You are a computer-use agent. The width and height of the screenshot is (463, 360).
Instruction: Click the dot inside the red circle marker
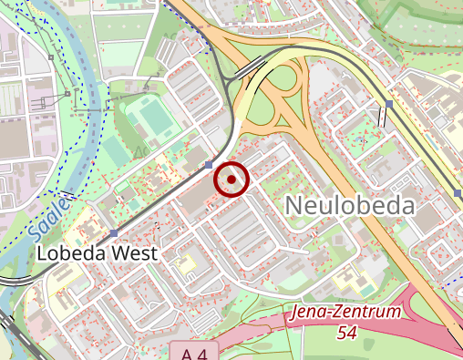coord(231,180)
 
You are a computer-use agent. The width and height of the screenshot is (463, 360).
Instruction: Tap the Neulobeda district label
coord(350,206)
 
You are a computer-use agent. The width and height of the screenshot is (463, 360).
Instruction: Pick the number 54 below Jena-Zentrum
coord(346,334)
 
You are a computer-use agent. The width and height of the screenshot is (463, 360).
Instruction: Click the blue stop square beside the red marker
coord(210,165)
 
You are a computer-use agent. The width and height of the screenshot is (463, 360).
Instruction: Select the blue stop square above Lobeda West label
coord(113,234)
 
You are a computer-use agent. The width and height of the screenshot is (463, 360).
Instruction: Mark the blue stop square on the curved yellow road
coord(389,105)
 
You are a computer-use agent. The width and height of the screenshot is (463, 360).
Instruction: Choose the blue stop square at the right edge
coord(458,193)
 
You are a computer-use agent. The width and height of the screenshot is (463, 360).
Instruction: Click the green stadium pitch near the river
coord(147,116)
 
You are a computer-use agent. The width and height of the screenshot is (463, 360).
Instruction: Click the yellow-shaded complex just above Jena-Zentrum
coord(350,279)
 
